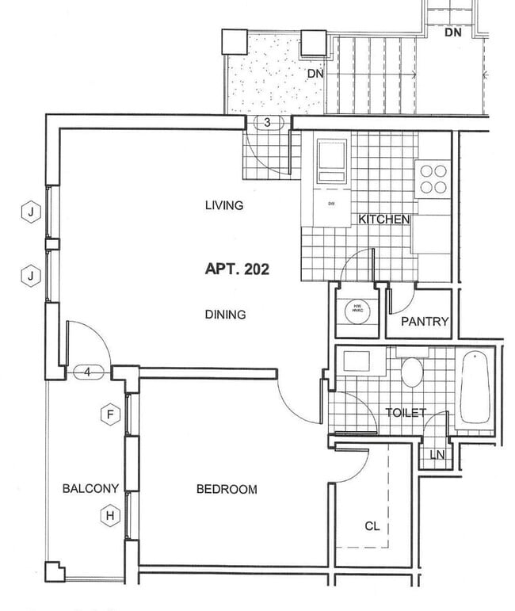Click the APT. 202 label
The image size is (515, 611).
(237, 269)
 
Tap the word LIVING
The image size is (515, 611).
(223, 206)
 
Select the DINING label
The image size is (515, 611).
(226, 315)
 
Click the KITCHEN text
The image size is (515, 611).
(383, 220)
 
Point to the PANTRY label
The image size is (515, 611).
(425, 322)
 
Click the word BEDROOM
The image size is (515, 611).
(227, 490)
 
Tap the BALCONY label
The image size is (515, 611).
(91, 488)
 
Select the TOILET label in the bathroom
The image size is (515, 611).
(406, 413)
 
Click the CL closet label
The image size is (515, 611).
(372, 525)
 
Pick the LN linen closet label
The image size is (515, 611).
(437, 455)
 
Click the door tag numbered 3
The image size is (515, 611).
(268, 122)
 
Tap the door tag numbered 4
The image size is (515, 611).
(88, 371)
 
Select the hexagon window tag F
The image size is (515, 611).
(110, 413)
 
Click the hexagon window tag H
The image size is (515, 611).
(110, 516)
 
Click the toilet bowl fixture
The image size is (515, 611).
(412, 372)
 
